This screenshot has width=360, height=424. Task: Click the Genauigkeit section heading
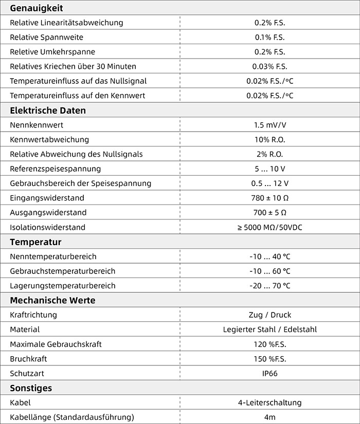pos(36,8)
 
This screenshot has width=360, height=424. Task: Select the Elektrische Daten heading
pos(48,110)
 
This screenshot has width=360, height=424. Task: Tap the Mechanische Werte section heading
pos(52,300)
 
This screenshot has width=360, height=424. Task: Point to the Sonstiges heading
pos(31,388)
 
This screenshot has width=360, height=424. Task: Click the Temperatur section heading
pos(35,242)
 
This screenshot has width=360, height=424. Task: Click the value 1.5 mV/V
pos(269,125)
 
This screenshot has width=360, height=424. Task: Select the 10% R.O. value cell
pos(269,139)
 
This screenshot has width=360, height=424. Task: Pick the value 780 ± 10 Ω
pos(269,198)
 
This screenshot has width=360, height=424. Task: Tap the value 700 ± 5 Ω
pos(269,212)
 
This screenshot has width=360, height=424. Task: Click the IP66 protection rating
pos(269,373)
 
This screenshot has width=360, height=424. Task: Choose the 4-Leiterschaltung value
pos(269,402)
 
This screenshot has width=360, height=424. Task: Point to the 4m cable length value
pos(269,417)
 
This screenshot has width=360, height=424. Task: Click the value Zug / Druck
pos(269,315)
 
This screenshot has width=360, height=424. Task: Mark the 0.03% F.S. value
pos(269,66)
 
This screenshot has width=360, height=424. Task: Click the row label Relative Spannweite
pos(46,37)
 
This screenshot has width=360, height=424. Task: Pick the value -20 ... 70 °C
pos(269,286)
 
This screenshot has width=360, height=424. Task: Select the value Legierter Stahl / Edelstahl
pos(269,329)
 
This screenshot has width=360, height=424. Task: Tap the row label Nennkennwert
pos(37,125)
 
